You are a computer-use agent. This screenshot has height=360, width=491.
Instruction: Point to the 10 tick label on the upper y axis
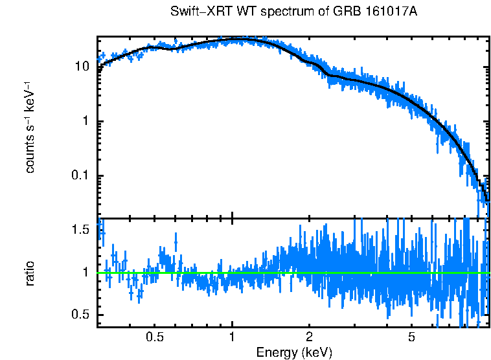pos(82,67)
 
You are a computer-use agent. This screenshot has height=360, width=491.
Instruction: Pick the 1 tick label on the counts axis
pos(86,122)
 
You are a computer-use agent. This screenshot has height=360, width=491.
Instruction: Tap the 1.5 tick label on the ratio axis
pos(80,230)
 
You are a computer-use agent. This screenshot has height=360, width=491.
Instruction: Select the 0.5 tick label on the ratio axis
pos(80,315)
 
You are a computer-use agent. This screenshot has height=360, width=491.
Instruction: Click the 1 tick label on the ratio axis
pos(86,273)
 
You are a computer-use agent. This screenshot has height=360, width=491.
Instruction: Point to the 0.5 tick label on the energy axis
pos(154,337)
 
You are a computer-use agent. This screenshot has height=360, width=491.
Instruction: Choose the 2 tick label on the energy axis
pos(309,337)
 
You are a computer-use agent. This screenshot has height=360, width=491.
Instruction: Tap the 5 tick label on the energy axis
pos(411,337)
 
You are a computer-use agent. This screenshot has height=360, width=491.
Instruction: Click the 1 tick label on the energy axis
pos(232,337)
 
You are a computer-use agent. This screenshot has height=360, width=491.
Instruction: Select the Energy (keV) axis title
pos(294,352)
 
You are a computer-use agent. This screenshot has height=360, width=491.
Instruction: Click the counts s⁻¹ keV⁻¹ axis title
pos(30,127)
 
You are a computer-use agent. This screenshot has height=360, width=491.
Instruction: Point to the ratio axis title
pos(30,273)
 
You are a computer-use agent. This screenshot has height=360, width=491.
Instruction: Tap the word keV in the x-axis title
pos(317,352)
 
